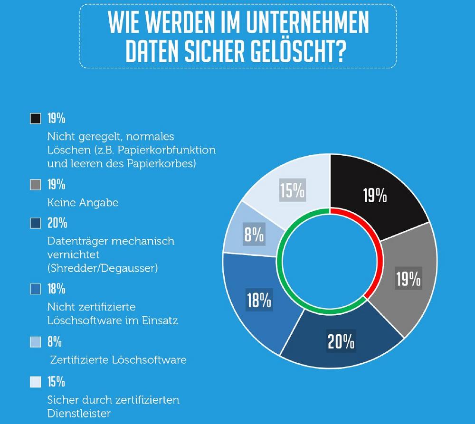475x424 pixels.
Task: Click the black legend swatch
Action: click(x=35, y=119)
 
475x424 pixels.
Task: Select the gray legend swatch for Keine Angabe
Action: click(x=35, y=185)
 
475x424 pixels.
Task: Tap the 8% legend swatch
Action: click(x=35, y=342)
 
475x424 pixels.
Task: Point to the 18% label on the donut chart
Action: click(x=259, y=301)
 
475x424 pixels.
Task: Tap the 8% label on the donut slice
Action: click(x=254, y=235)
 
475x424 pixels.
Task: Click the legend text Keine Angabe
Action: click(x=83, y=203)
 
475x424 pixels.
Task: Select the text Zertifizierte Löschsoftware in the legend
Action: click(x=118, y=360)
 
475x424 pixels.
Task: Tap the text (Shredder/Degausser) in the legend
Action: click(x=103, y=269)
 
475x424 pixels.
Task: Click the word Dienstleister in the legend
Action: click(x=79, y=413)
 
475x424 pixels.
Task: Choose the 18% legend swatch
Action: click(x=35, y=289)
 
